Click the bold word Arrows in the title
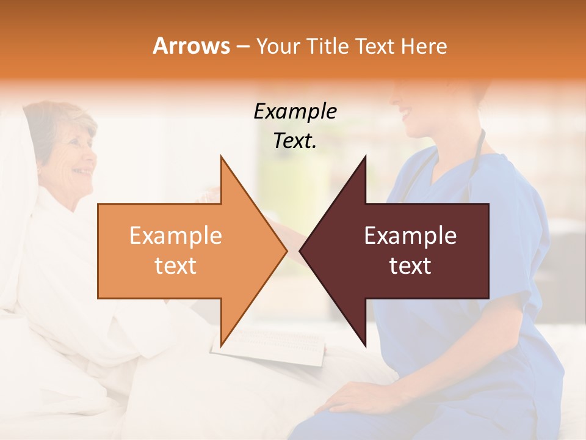[192, 46]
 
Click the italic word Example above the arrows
[295, 111]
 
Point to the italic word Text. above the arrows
[295, 141]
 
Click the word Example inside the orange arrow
[176, 236]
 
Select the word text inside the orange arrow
[176, 266]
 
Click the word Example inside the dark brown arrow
[410, 236]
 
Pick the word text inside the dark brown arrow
[410, 266]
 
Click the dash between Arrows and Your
[242, 46]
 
